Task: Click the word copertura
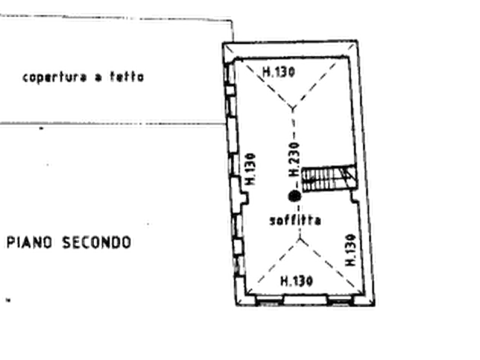(55, 77)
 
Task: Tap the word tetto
(127, 76)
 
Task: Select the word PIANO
(29, 242)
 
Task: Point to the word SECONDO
(97, 242)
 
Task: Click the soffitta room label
(295, 220)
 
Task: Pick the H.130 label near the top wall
(278, 72)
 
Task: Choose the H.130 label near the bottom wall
(297, 280)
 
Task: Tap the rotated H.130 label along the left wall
(250, 169)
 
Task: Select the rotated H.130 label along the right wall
(350, 250)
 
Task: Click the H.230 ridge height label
(294, 160)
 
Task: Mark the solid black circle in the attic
(295, 196)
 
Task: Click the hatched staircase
(329, 178)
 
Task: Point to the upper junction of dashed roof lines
(293, 109)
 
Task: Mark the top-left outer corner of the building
(223, 43)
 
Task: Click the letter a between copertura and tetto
(98, 78)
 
